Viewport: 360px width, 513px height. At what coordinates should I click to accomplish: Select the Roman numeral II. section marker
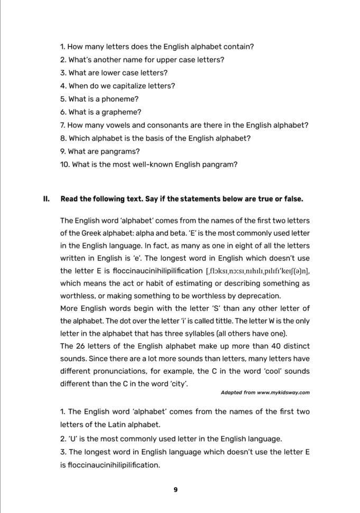pyautogui.click(x=46, y=199)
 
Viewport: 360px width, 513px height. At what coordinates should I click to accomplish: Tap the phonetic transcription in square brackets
pyautogui.click(x=254, y=271)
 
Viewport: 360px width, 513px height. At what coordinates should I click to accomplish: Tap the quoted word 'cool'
pyautogui.click(x=266, y=371)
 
